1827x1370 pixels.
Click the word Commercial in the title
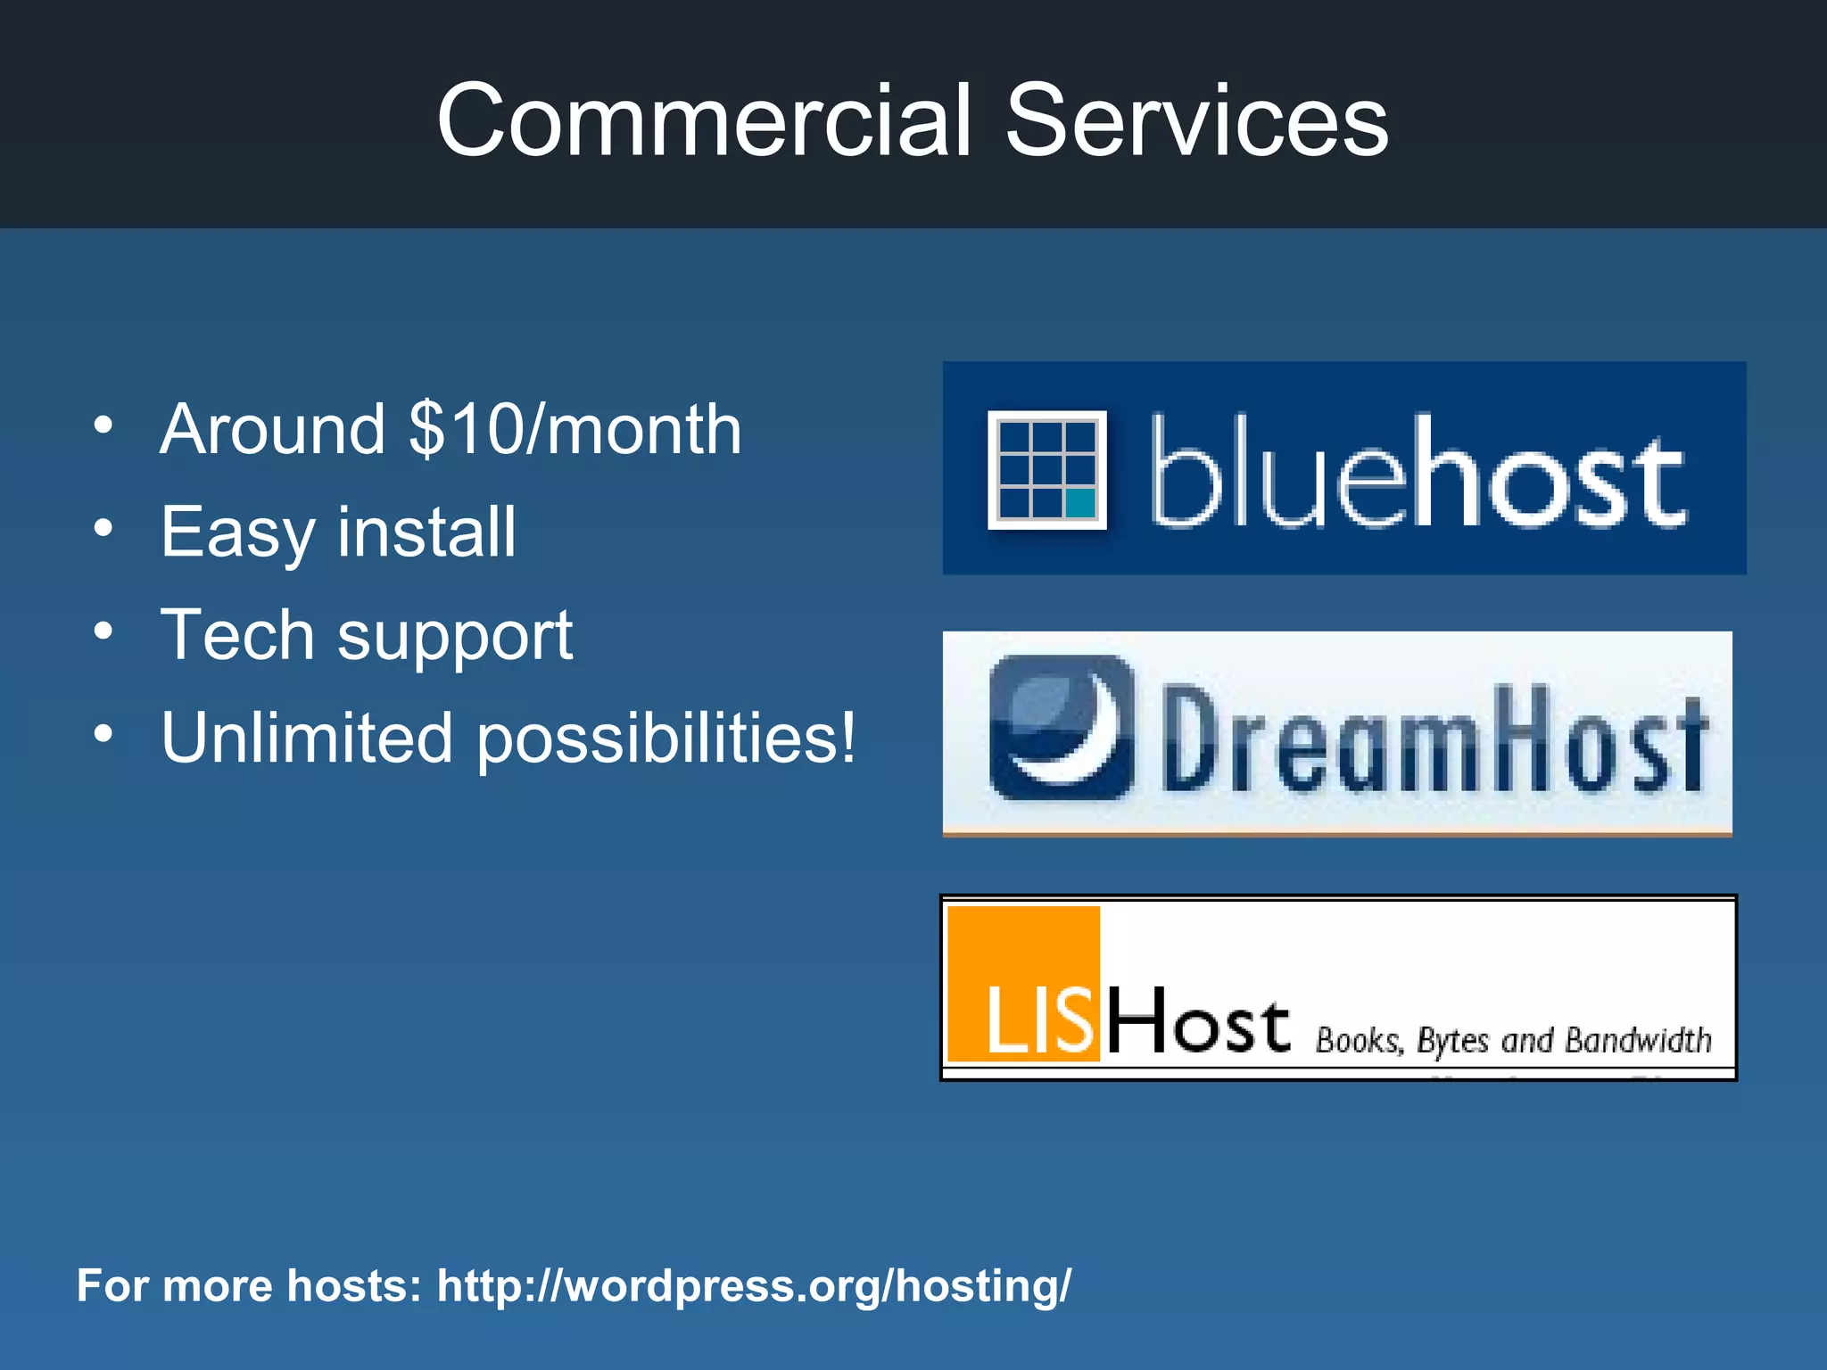(703, 120)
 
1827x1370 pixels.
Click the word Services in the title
(1197, 120)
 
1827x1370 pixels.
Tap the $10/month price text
(575, 430)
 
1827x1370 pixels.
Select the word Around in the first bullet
(273, 430)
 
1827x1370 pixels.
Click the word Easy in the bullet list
(237, 533)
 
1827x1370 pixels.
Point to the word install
(427, 532)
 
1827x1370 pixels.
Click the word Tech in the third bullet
(237, 635)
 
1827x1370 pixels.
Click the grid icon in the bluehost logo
(1046, 470)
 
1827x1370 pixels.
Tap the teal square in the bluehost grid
(1080, 503)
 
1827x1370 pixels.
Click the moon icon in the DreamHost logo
(1061, 727)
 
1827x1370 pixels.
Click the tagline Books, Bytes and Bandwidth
(1513, 1041)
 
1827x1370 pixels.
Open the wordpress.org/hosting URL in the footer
(754, 1286)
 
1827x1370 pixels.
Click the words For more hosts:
(249, 1286)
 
